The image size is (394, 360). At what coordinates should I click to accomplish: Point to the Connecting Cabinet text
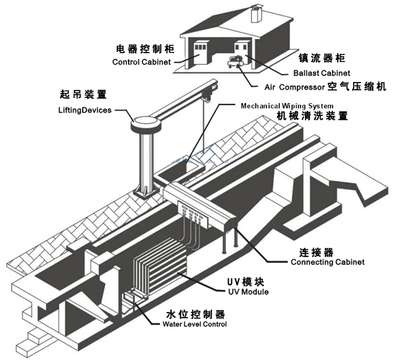[x=327, y=262]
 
